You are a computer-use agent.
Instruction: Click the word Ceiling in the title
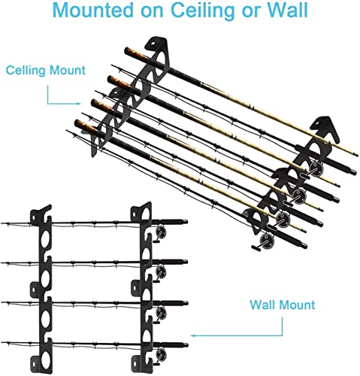(x=202, y=11)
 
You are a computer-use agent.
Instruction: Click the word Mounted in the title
(x=93, y=10)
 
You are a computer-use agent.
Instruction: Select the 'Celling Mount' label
(x=46, y=70)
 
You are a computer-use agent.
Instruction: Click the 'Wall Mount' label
(x=283, y=305)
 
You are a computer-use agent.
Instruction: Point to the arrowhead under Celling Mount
(x=78, y=104)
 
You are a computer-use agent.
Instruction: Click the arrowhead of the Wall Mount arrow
(x=192, y=335)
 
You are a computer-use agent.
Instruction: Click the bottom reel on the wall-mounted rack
(x=160, y=355)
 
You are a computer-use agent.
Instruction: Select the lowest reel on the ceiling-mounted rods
(x=267, y=241)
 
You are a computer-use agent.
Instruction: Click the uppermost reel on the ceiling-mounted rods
(x=316, y=168)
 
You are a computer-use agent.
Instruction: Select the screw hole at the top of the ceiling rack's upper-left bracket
(x=153, y=43)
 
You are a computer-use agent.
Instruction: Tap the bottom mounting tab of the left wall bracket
(x=35, y=362)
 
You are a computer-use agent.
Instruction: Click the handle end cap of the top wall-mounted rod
(x=185, y=221)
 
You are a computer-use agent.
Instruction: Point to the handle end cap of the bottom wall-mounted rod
(x=186, y=344)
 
